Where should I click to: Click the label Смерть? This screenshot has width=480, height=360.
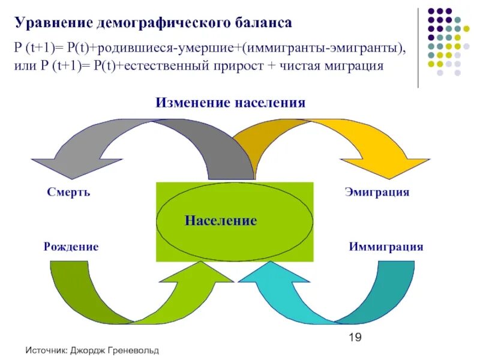68,193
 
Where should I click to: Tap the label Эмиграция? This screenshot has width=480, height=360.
377,192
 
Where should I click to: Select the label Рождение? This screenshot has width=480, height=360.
71,247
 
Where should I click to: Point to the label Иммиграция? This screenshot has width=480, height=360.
386,247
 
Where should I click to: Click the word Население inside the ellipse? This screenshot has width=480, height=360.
221,221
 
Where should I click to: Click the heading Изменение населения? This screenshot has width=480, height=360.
231,103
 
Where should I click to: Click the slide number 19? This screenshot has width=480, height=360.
355,338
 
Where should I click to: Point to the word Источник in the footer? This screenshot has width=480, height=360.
46,350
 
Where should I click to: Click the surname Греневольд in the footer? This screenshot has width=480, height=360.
134,350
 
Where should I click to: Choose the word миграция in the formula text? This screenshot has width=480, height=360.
354,66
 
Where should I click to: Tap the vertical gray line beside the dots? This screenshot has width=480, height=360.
418,45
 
